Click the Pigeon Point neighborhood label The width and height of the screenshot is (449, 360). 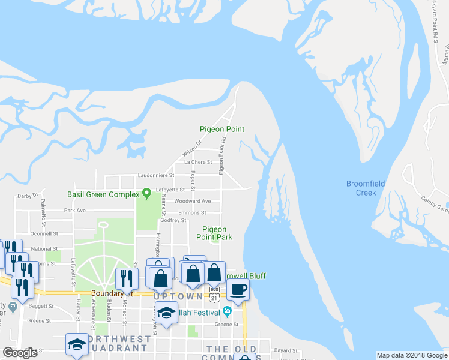(x=221, y=129)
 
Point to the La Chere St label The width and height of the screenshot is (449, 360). (x=198, y=162)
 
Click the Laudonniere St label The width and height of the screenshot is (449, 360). (x=155, y=175)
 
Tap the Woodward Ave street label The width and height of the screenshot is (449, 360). (x=193, y=202)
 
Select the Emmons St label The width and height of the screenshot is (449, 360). (x=192, y=212)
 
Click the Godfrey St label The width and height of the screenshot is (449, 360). (x=174, y=220)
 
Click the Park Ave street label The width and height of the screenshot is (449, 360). (x=75, y=211)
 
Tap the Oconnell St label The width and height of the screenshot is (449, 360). (x=44, y=233)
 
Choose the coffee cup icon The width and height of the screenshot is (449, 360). (x=238, y=290)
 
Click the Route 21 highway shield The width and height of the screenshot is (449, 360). (x=214, y=290)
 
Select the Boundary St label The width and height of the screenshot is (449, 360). (x=110, y=294)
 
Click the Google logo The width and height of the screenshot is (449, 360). (x=20, y=353)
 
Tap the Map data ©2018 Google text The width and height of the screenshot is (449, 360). (x=412, y=355)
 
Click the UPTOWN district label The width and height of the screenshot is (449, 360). (x=178, y=296)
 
